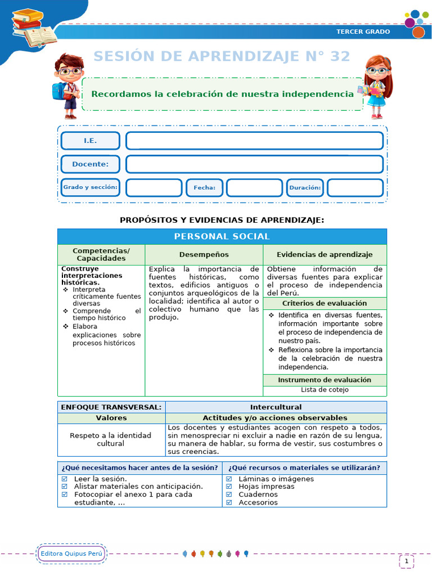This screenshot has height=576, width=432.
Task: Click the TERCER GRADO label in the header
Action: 363,31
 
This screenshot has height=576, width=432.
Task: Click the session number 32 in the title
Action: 339,56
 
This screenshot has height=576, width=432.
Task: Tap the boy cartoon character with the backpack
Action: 68,85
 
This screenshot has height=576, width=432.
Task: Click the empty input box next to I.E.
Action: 254,141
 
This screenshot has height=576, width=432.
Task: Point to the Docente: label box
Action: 90,164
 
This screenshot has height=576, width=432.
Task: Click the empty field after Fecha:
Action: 254,188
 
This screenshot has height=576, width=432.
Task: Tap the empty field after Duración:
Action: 355,188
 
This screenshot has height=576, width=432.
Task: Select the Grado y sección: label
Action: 90,187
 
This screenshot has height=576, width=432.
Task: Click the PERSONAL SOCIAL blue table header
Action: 222,237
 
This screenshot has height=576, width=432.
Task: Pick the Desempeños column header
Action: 204,255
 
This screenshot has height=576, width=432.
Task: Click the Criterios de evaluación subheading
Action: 324,304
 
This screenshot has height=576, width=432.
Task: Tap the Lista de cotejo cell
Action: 325,390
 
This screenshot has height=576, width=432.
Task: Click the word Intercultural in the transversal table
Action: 276,407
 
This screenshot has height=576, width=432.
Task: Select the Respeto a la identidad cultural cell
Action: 111,439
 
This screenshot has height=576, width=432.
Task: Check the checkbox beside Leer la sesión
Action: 64,479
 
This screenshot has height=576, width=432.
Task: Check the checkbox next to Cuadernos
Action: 229,495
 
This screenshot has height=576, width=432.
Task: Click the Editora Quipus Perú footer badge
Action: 71,553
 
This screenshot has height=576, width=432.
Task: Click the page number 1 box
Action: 406,561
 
